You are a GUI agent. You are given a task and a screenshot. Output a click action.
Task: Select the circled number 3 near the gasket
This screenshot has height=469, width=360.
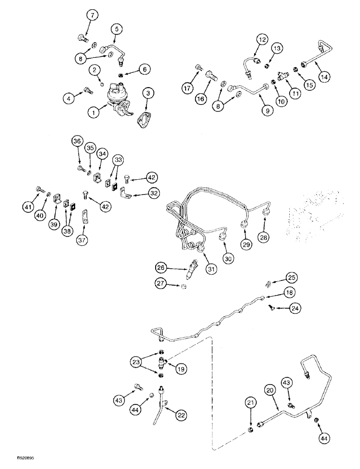(x=149, y=94)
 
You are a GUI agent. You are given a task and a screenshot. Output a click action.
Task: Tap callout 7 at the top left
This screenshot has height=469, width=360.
(x=93, y=16)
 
